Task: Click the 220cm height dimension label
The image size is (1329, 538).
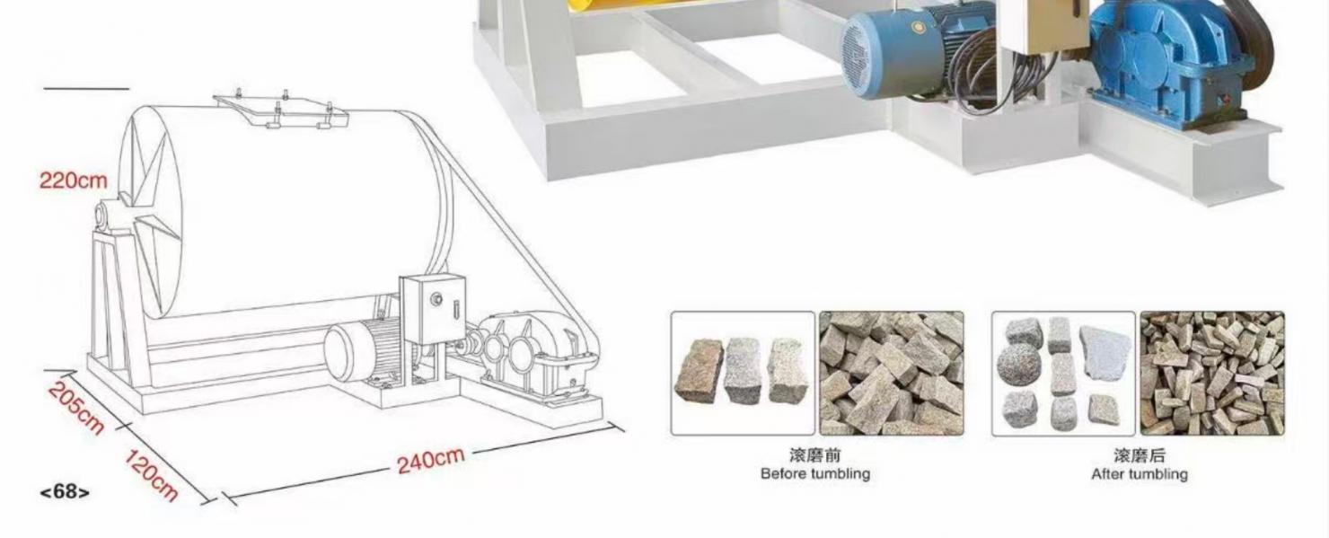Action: (x=73, y=181)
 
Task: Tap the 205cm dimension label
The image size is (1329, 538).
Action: (x=75, y=409)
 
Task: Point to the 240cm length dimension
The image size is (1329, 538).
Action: (x=431, y=460)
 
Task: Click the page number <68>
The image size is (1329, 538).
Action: (x=65, y=491)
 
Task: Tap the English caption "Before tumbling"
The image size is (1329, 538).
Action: (x=814, y=473)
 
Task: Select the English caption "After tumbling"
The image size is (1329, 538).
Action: (x=1139, y=473)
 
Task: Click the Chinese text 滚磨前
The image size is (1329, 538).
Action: (x=814, y=455)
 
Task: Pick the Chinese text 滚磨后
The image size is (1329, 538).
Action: (x=1139, y=455)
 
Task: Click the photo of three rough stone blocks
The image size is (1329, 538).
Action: (x=743, y=373)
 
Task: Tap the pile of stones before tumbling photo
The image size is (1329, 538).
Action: (x=891, y=373)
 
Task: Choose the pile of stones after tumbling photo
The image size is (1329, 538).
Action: (x=1212, y=373)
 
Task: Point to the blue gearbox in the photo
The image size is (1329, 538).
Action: (x=1167, y=58)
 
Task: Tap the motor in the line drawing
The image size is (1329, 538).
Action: (x=364, y=350)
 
